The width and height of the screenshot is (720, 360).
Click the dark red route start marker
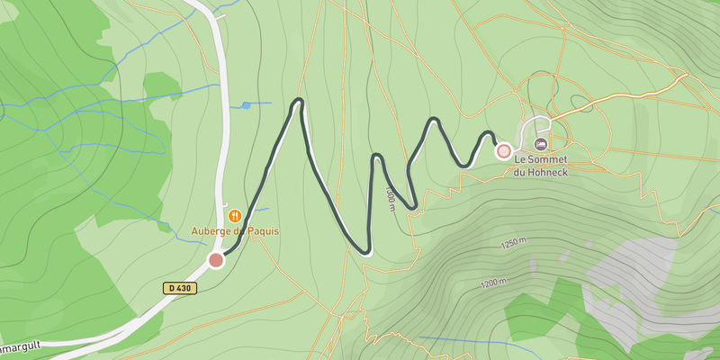pyautogui.click(x=216, y=260)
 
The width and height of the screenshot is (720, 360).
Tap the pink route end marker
pyautogui.click(x=504, y=151)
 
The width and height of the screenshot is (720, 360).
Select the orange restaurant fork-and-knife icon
pyautogui.click(x=234, y=215)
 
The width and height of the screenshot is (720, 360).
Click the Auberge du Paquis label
pyautogui.click(x=235, y=230)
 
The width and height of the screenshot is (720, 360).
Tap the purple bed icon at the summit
pyautogui.click(x=540, y=144)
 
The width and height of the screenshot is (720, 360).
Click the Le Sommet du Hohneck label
pyautogui.click(x=546, y=166)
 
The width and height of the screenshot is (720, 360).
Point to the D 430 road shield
pyautogui.click(x=180, y=288)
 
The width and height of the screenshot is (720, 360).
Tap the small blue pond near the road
pyautogui.click(x=246, y=105)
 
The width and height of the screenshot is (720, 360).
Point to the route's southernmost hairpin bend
pyautogui.click(x=364, y=251)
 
